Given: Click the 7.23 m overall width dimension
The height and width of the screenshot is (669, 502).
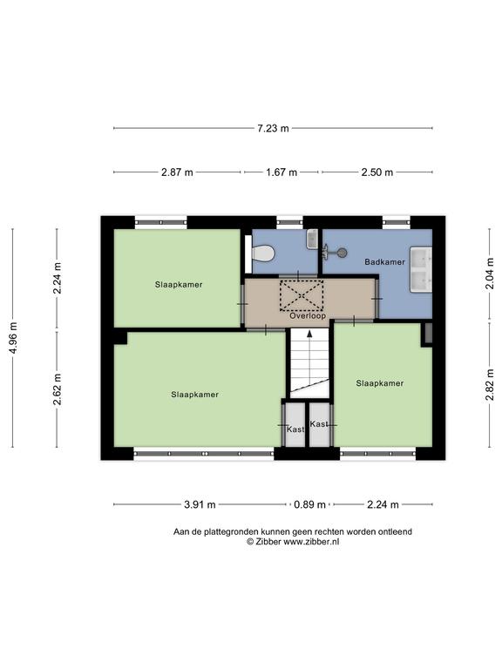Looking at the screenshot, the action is (273, 128).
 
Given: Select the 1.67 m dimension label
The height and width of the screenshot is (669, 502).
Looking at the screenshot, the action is (282, 172).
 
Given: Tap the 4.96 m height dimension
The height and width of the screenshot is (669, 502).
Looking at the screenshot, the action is (13, 338).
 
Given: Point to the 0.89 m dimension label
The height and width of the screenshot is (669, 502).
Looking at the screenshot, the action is (309, 504).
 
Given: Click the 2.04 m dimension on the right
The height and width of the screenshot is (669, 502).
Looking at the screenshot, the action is (489, 274).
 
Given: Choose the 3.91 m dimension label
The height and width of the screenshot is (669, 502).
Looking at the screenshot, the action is (200, 504).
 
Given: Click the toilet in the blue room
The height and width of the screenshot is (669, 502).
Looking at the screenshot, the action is (262, 253).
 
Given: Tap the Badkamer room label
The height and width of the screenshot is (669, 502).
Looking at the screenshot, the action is (384, 262).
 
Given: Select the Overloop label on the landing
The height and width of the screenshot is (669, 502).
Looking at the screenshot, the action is (308, 315).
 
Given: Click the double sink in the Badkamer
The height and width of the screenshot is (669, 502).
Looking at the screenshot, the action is (421, 269).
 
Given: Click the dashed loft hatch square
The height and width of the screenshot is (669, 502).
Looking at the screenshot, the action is (302, 295).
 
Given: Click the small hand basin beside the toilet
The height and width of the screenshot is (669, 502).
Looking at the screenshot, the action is (312, 240).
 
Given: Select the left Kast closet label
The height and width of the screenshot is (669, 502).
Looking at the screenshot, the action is (295, 429).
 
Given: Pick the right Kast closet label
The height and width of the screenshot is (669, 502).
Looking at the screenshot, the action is (319, 423).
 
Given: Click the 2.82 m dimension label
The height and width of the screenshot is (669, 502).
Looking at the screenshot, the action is (489, 385).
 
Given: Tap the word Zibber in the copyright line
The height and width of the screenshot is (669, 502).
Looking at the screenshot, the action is (268, 542).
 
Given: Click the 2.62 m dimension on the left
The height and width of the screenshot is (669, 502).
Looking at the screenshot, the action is (58, 389).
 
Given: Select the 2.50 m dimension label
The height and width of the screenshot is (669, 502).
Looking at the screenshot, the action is (376, 172).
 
